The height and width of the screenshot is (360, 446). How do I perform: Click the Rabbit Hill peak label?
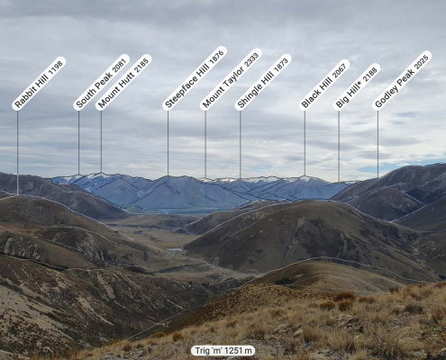point(39,84)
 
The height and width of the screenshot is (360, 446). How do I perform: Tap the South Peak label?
point(101,82)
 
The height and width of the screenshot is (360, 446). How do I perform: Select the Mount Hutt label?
point(123,82)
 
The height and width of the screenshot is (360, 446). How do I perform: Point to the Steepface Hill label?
point(195,78)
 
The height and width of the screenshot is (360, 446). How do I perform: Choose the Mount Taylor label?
point(231,79)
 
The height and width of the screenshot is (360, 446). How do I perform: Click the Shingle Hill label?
point(263,82)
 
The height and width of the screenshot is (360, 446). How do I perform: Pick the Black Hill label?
point(324,85)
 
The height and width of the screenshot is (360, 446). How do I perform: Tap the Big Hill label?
point(357,86)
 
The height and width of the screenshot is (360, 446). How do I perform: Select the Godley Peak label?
point(402,80)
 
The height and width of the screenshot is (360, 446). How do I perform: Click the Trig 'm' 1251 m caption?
point(223,350)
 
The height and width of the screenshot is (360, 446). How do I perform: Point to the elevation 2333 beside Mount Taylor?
point(251,59)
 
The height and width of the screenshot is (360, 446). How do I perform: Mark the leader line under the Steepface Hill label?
point(168,143)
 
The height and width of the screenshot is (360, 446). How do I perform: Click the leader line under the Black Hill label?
point(305,143)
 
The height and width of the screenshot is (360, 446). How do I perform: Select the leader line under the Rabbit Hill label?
point(17,153)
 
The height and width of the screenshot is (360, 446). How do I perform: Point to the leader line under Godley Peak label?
point(378,144)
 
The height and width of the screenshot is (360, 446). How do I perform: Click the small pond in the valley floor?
point(176,249)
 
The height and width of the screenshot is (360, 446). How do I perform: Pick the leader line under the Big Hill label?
point(339,146)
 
